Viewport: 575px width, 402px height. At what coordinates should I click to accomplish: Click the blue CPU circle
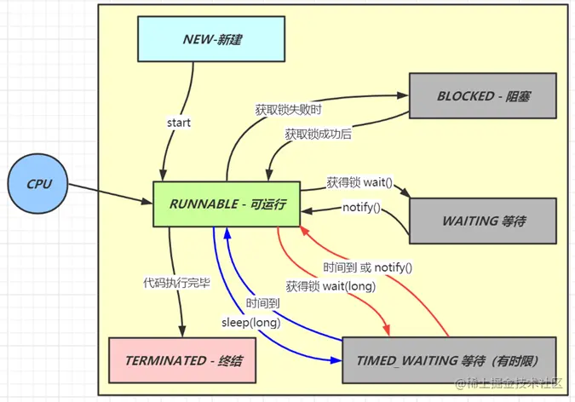point(39,184)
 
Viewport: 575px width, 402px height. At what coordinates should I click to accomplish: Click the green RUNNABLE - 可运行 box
point(227,204)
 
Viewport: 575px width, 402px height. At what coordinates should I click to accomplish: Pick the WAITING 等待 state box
point(483,221)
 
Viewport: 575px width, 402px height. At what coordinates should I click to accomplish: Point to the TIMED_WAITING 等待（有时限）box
point(451,360)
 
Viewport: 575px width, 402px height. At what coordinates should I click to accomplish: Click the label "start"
point(179,123)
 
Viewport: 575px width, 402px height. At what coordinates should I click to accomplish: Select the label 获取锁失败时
point(288,110)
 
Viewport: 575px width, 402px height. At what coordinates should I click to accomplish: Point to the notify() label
point(361,208)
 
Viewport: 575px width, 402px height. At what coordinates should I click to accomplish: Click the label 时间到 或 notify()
point(368,267)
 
